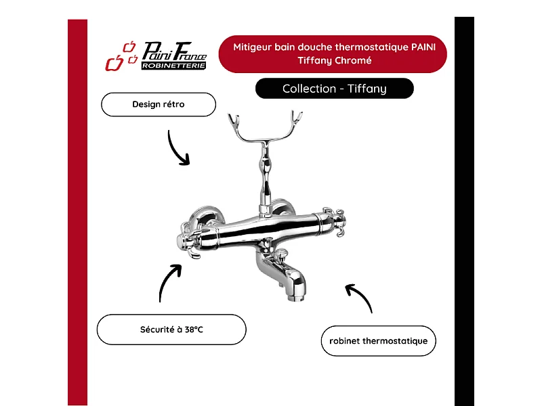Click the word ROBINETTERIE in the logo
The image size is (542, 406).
(x=173, y=66)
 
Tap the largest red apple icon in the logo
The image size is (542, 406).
(x=114, y=63)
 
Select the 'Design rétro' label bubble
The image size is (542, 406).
(x=159, y=104)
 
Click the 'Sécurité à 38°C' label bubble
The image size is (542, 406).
(x=171, y=330)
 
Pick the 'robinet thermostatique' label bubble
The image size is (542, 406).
(x=379, y=341)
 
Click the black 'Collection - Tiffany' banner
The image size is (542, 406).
(x=334, y=89)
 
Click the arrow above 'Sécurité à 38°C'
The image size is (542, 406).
(x=165, y=279)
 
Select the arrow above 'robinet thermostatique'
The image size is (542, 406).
(x=362, y=295)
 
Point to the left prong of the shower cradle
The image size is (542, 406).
(x=234, y=122)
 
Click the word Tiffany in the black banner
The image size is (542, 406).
(x=367, y=89)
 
